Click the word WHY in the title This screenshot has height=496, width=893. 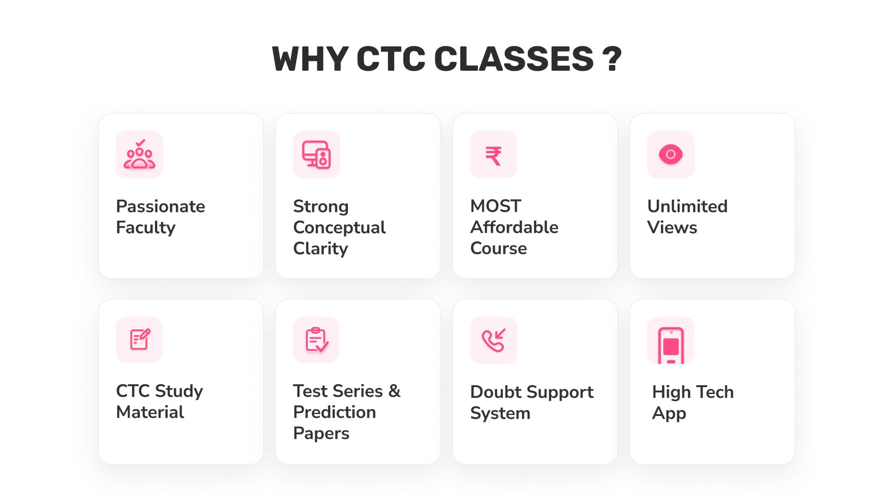[x=310, y=59]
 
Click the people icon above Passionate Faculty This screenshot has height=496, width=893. [x=140, y=154]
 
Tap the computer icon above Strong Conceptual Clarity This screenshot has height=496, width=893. [x=316, y=154]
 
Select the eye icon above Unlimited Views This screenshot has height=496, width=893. [x=670, y=154]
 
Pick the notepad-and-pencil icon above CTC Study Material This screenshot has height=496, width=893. [x=140, y=340]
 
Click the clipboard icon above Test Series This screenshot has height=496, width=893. [x=316, y=340]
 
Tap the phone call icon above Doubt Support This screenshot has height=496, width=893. [x=493, y=340]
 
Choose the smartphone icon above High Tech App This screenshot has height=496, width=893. [x=671, y=345]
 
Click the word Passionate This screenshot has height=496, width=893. [x=160, y=206]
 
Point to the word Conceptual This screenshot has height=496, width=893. [x=339, y=228]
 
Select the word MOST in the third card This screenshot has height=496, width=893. [x=495, y=206]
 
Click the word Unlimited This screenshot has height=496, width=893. [x=687, y=206]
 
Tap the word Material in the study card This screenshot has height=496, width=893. [x=150, y=412]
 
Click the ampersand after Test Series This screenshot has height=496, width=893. [x=394, y=391]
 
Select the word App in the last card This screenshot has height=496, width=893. [x=669, y=414]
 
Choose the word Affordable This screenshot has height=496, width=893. [x=514, y=228]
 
